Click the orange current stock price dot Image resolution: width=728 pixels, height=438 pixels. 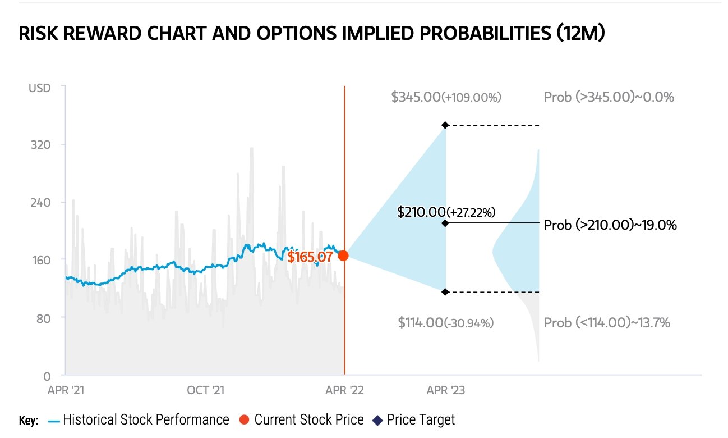(343, 255)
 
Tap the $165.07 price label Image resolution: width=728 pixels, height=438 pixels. (310, 257)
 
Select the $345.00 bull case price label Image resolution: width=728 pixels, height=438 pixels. (446, 97)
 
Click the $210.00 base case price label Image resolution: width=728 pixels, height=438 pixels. (446, 212)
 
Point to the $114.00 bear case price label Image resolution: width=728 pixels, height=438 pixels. (446, 323)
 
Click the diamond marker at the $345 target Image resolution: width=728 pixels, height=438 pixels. (445, 125)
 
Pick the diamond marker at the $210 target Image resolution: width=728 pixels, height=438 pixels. (445, 223)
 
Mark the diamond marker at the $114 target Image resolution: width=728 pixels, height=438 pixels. (445, 292)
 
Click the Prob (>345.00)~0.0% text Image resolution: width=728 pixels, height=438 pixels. (609, 97)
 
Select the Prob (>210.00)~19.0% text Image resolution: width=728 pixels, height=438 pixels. (610, 225)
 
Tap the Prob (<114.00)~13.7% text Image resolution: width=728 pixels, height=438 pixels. (607, 323)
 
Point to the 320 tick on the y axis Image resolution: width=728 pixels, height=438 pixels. (40, 145)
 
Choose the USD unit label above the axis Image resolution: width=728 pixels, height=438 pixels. (39, 88)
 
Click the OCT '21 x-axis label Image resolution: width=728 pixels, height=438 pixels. (206, 390)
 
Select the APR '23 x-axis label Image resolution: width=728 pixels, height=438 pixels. (445, 390)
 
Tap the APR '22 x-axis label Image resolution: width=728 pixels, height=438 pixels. (344, 390)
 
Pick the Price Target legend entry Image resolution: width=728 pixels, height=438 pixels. (414, 420)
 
